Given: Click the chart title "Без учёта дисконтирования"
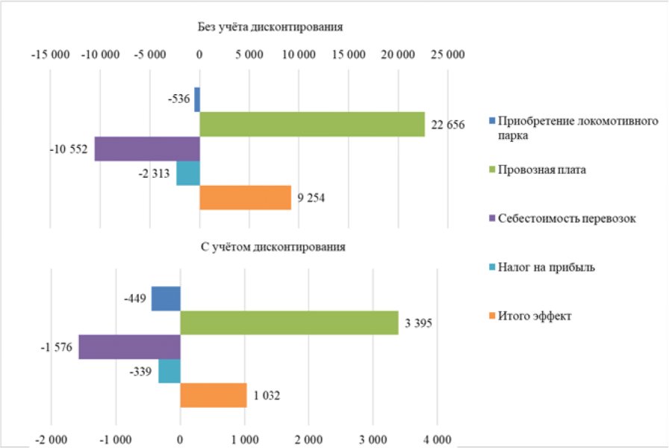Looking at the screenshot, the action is [x=270, y=27].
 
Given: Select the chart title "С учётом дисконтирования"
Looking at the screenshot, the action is [x=273, y=247].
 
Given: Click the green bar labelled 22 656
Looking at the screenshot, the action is [x=312, y=125].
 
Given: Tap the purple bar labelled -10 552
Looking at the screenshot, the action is [x=147, y=149].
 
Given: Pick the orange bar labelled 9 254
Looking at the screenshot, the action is [x=246, y=198].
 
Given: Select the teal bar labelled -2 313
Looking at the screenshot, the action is [x=188, y=173].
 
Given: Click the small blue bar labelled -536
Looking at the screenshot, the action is [x=197, y=100].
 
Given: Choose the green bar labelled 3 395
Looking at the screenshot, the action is [x=289, y=323].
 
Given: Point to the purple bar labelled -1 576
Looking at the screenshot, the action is [x=130, y=347].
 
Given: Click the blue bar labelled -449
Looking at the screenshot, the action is [x=166, y=299].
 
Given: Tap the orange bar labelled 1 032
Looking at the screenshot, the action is [x=214, y=396].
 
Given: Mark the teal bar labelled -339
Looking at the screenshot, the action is [x=169, y=371].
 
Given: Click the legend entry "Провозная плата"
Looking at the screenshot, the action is [x=538, y=169].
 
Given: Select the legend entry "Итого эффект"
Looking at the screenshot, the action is [x=530, y=316].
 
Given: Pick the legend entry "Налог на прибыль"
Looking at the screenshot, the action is [x=542, y=267].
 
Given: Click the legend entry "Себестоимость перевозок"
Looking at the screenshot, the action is [x=562, y=219].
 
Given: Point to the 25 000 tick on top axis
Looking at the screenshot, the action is [x=447, y=55].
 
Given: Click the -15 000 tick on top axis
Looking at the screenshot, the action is [x=50, y=55].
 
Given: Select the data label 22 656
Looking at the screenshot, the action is [x=447, y=125].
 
